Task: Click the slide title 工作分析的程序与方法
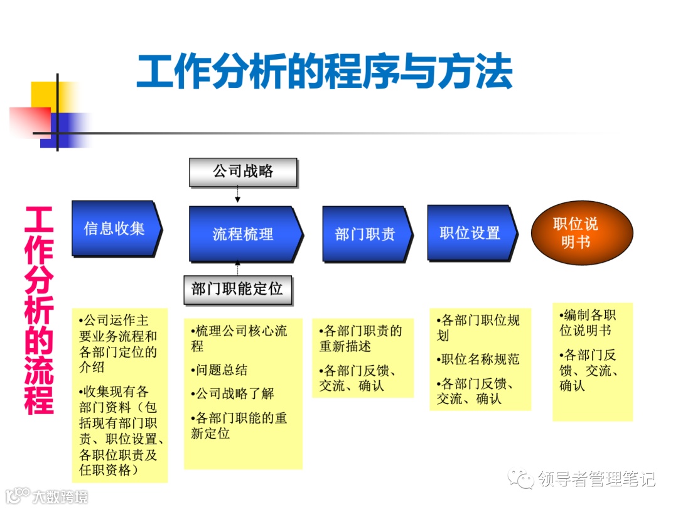pyautogui.click(x=324, y=71)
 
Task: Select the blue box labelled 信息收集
pyautogui.click(x=114, y=228)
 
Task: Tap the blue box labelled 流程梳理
pyautogui.click(x=243, y=234)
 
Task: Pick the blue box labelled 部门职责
pyautogui.click(x=365, y=234)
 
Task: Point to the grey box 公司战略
pyautogui.click(x=243, y=172)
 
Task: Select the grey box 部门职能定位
pyautogui.click(x=237, y=290)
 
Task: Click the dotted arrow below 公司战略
pyautogui.click(x=238, y=195)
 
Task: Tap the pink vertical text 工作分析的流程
pyautogui.click(x=39, y=310)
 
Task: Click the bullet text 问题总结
pyautogui.click(x=219, y=370)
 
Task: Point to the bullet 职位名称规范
pyautogui.click(x=478, y=359)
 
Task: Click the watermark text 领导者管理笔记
pyautogui.click(x=596, y=479)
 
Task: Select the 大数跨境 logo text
pyautogui.click(x=60, y=496)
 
